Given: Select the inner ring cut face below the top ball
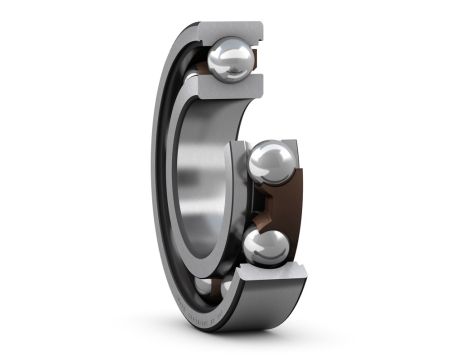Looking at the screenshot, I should pos(225,93).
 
